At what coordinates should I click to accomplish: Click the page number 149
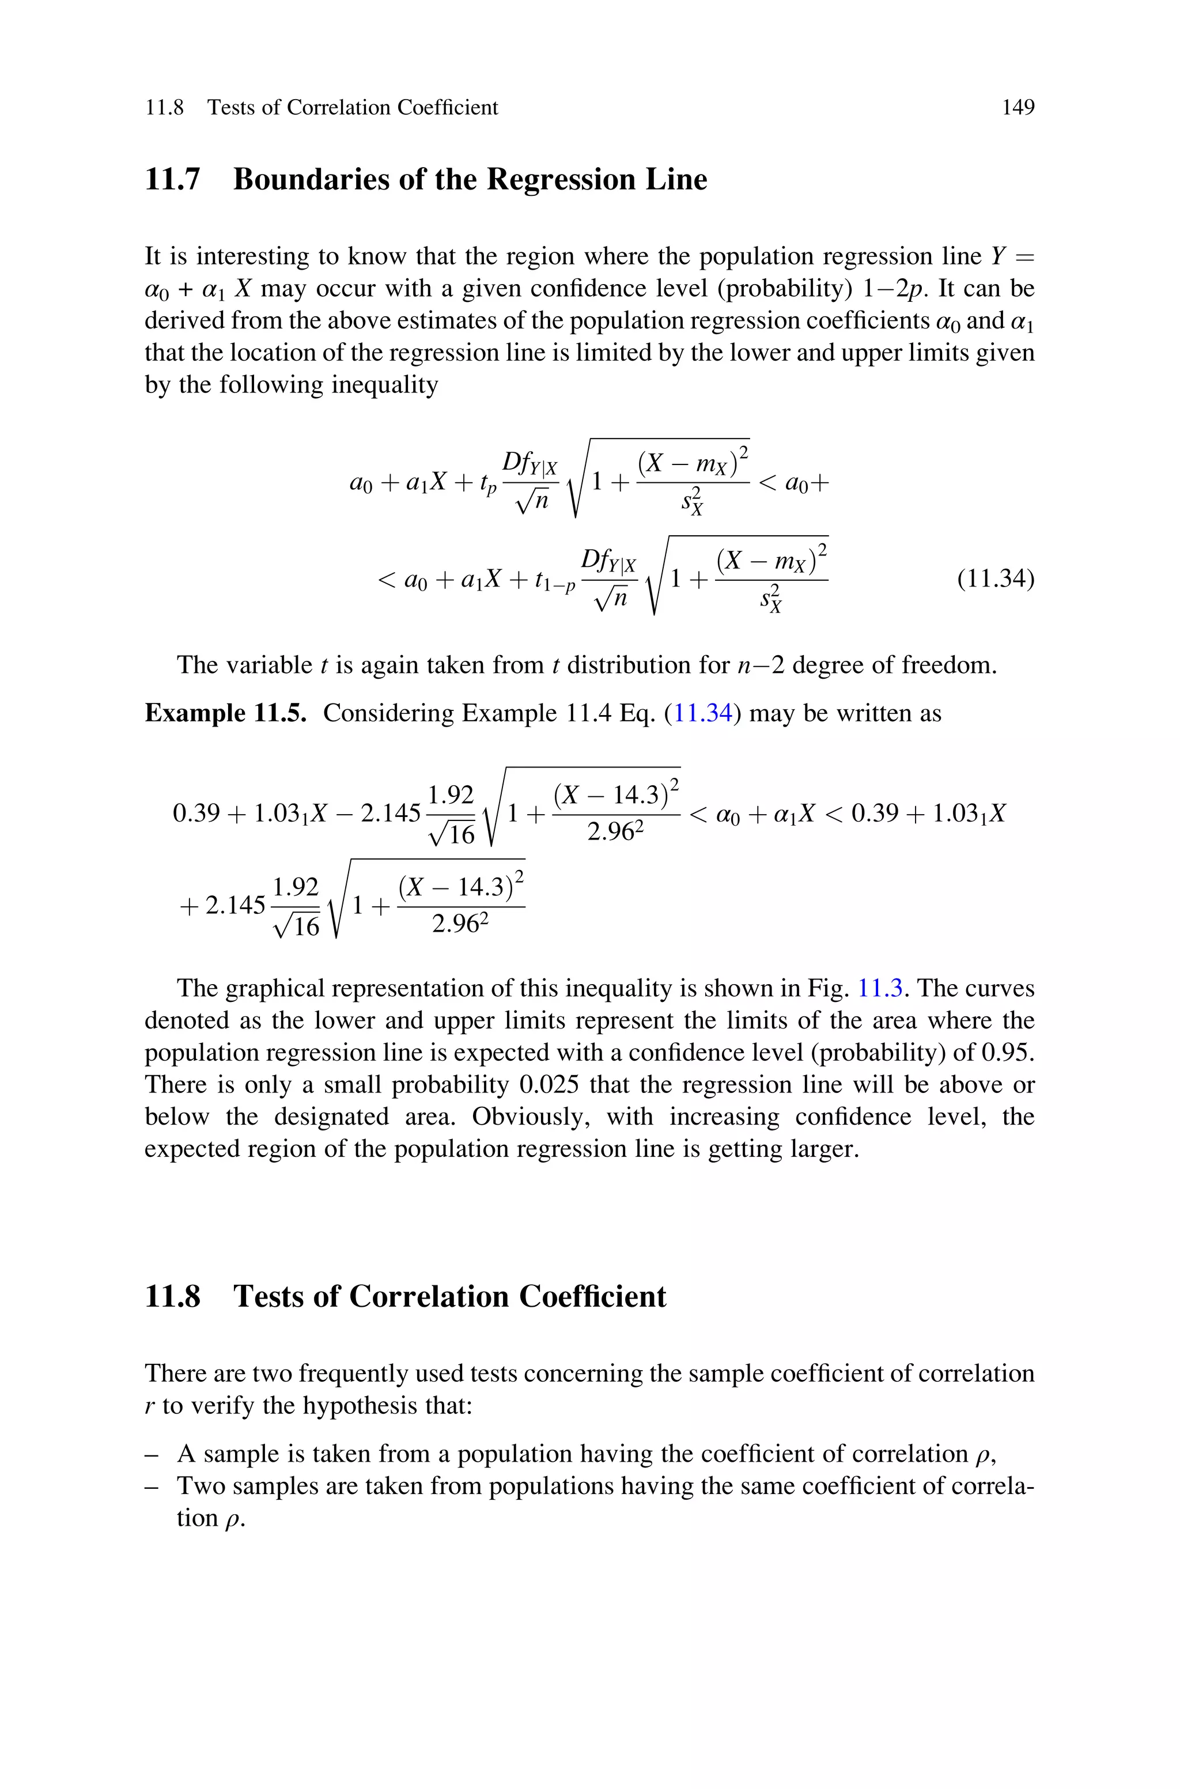pyautogui.click(x=1018, y=108)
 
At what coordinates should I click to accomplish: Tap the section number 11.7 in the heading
pyautogui.click(x=172, y=180)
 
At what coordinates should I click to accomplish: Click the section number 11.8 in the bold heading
pyautogui.click(x=172, y=1296)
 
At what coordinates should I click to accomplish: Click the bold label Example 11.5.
pyautogui.click(x=225, y=713)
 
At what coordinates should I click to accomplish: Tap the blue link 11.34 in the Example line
pyautogui.click(x=702, y=713)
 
